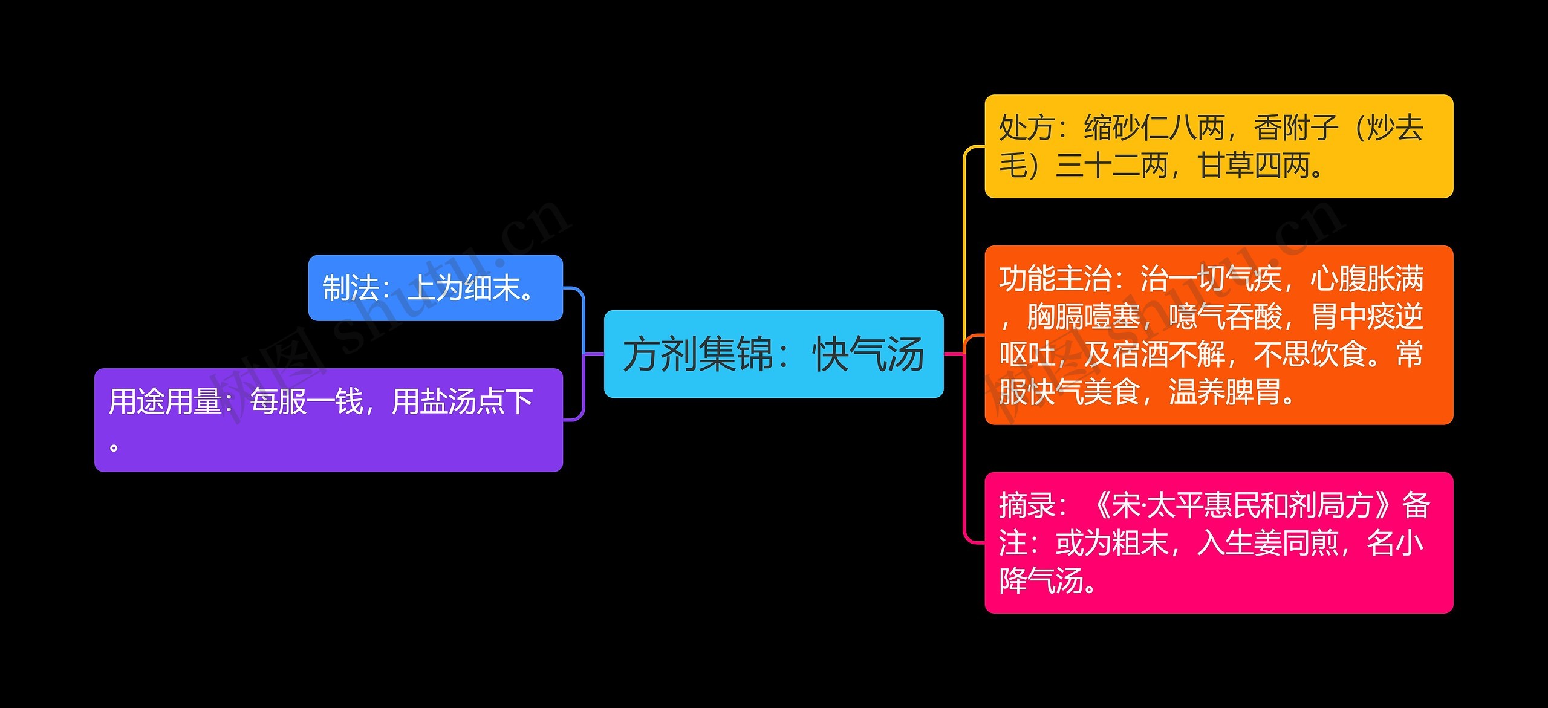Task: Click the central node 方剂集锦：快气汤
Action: pyautogui.click(x=773, y=354)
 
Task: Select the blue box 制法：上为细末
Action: pyautogui.click(x=435, y=288)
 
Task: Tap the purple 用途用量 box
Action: pyautogui.click(x=328, y=420)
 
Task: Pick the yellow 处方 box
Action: pyautogui.click(x=1218, y=146)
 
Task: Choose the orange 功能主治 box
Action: pyautogui.click(x=1218, y=335)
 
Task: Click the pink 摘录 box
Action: pyautogui.click(x=1218, y=542)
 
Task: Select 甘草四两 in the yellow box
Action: pyautogui.click(x=1255, y=166)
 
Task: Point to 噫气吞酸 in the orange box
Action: pyautogui.click(x=1226, y=317)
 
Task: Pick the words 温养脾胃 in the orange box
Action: pyautogui.click(x=1226, y=392)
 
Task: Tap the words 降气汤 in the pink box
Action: pyautogui.click(x=1041, y=580)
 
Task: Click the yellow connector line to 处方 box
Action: pyautogui.click(x=964, y=230)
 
